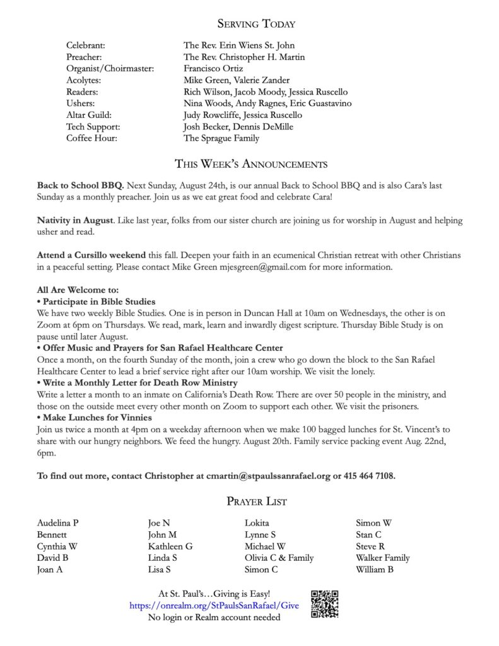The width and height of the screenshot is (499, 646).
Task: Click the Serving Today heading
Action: [256, 24]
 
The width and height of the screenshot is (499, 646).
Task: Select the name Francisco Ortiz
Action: [213, 69]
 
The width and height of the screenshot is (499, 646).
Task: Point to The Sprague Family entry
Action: [221, 138]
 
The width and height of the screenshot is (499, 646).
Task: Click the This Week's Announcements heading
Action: [250, 165]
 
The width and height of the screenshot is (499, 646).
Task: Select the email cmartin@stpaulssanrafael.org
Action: [269, 476]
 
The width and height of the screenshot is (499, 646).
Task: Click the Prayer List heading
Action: [256, 502]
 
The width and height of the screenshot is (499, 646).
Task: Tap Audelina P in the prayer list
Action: [58, 523]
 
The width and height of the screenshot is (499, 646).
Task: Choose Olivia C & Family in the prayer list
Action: [279, 558]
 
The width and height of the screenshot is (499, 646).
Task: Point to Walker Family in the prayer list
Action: [382, 558]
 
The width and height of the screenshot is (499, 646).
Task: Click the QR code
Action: [325, 604]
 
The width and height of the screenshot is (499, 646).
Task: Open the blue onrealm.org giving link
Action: [214, 606]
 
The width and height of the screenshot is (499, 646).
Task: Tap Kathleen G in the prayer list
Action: [170, 546]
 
